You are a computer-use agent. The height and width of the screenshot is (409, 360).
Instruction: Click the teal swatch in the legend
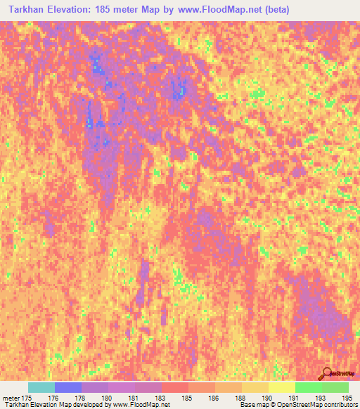41,387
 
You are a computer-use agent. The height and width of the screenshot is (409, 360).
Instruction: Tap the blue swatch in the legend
68,387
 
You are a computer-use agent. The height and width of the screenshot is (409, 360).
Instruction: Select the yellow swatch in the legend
282,387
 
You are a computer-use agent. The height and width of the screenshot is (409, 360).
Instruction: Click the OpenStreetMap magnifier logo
328,372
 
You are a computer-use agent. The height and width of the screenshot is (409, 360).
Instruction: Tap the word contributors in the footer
340,405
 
